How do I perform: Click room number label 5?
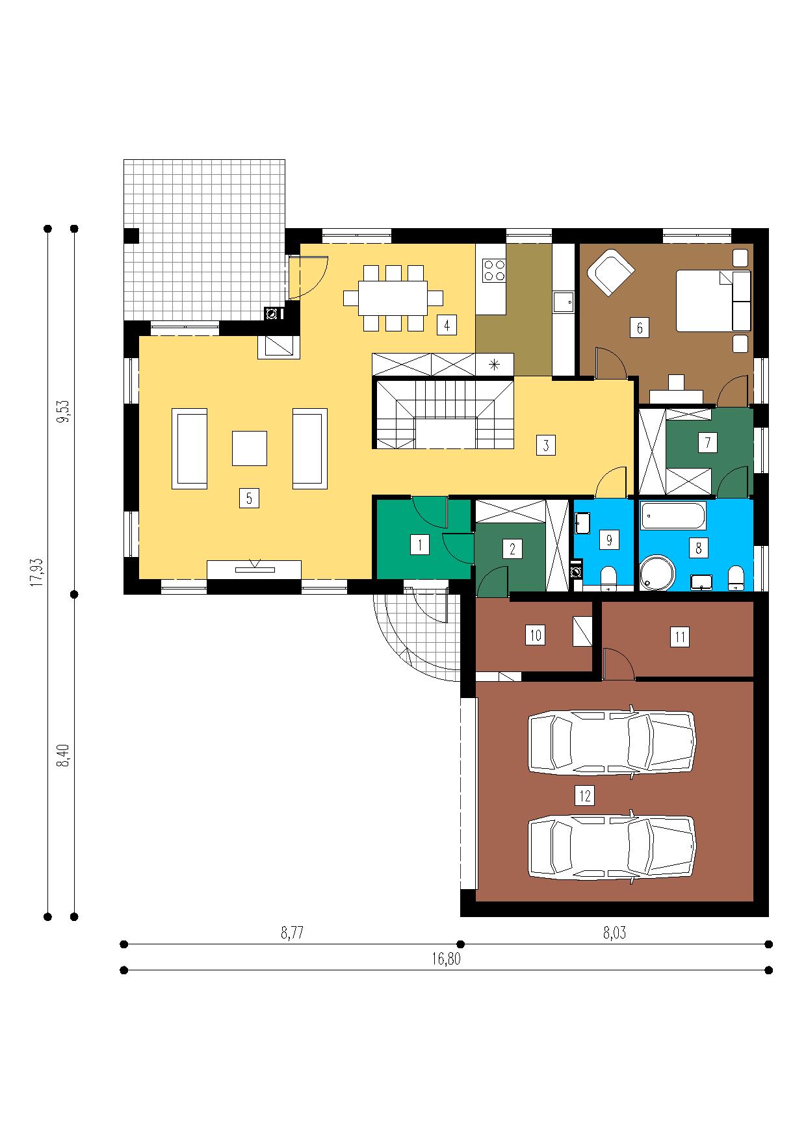[x=249, y=499]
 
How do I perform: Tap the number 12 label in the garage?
[x=586, y=795]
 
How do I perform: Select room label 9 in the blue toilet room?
[x=609, y=540]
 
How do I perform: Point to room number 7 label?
[x=707, y=443]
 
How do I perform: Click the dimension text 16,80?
[x=446, y=959]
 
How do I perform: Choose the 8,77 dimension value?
[x=292, y=933]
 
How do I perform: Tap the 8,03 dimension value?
[x=614, y=933]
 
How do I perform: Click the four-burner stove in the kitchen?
[x=494, y=270]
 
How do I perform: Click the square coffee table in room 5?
[x=250, y=448]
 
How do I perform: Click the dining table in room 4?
[x=393, y=298]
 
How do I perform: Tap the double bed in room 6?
[x=713, y=301]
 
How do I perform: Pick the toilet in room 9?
[x=609, y=578]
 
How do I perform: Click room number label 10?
[x=535, y=635]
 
